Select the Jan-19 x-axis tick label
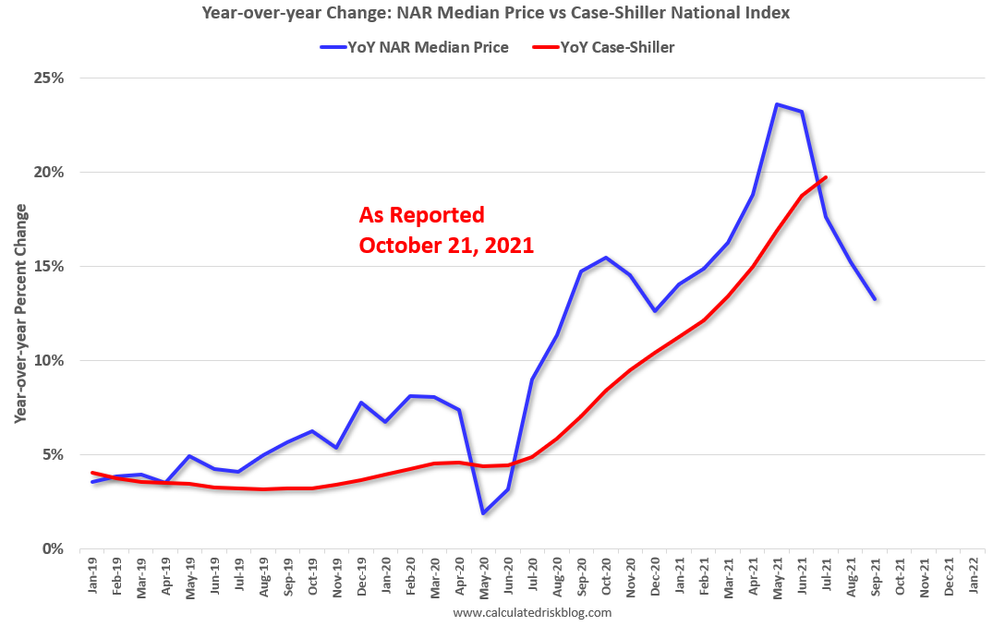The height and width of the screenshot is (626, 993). [x=92, y=577]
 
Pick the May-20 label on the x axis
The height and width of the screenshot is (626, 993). [x=483, y=577]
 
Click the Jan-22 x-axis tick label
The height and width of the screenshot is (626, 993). [x=972, y=577]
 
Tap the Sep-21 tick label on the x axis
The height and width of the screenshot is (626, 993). [x=874, y=577]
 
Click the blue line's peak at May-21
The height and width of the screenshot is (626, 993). [x=777, y=104]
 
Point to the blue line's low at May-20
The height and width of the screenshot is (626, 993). [x=483, y=512]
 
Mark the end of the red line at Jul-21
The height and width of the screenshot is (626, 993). [x=825, y=177]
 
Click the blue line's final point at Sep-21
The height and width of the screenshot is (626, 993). [x=874, y=299]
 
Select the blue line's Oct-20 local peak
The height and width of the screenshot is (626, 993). [x=605, y=258]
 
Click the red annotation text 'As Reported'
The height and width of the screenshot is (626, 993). [x=421, y=215]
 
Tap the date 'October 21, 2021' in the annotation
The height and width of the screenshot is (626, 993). [x=446, y=246]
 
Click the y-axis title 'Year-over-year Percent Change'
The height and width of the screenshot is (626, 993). [x=21, y=314]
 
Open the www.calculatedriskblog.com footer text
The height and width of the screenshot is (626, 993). [x=533, y=611]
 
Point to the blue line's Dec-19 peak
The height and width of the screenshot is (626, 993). [x=361, y=403]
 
